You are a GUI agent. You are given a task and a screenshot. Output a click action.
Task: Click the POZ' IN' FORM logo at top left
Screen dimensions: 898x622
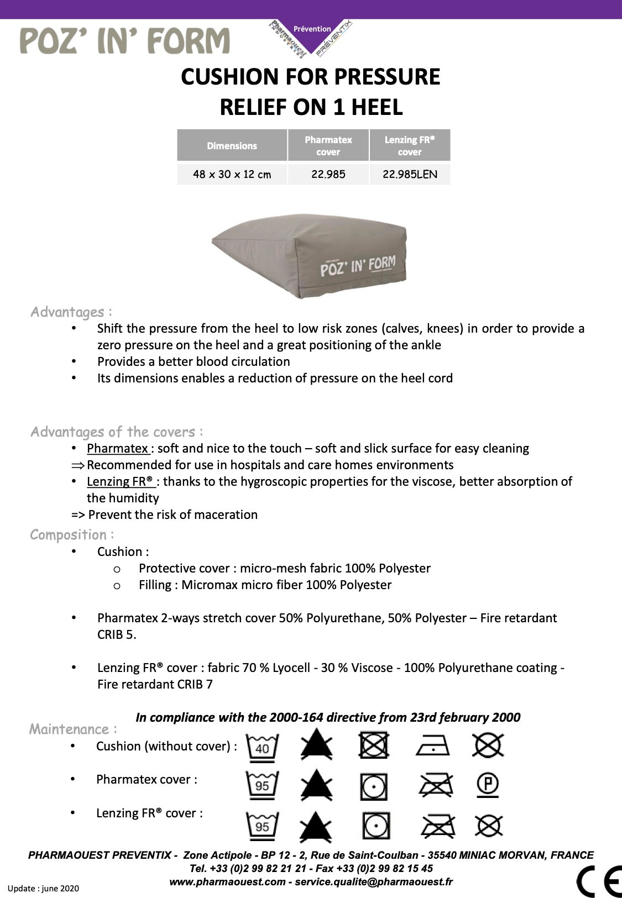(x=124, y=41)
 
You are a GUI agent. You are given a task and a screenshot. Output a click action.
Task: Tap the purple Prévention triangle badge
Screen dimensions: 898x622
(x=312, y=34)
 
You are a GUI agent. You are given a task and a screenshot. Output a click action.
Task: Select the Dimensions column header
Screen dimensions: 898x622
(x=232, y=146)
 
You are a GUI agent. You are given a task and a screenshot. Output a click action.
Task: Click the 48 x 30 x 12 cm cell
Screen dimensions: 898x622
(x=232, y=174)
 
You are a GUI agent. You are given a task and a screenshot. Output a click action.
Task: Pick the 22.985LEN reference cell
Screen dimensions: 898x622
(x=410, y=174)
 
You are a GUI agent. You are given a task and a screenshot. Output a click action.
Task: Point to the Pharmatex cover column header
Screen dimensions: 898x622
(x=328, y=146)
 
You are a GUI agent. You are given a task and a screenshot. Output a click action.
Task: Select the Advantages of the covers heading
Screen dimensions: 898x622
(x=116, y=432)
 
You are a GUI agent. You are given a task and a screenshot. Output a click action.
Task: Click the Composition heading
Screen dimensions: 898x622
(x=72, y=534)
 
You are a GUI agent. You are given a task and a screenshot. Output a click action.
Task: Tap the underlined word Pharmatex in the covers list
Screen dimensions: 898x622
(x=117, y=448)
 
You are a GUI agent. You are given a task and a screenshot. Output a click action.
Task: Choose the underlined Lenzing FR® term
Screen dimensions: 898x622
(x=121, y=481)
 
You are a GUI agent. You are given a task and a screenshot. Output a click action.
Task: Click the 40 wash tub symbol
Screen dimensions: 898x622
(x=262, y=747)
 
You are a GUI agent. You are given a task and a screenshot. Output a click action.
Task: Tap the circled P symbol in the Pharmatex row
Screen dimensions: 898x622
(x=488, y=784)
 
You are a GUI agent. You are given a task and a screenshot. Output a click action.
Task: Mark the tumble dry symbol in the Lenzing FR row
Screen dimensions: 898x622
(x=376, y=826)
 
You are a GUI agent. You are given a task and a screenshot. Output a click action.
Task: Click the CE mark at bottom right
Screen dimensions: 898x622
(x=599, y=881)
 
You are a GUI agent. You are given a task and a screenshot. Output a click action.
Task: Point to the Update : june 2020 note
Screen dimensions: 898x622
(x=43, y=889)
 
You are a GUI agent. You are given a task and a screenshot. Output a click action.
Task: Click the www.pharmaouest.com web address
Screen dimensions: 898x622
(x=227, y=882)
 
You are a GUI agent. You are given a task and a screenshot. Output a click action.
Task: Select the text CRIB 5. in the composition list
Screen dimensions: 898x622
(x=117, y=634)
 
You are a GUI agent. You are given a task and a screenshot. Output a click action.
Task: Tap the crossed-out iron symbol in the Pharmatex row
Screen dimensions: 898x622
(x=436, y=785)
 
